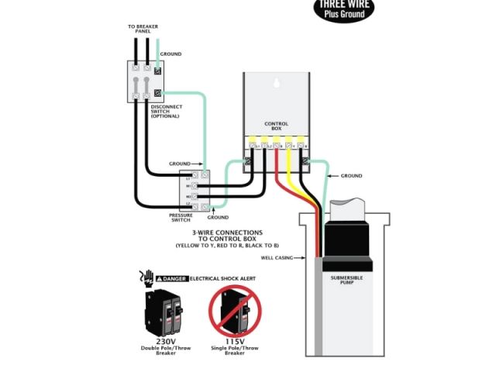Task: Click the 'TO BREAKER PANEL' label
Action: (143, 28)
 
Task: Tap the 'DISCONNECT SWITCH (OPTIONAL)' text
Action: (166, 112)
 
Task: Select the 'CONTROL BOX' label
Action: (276, 125)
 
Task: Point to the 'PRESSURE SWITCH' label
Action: (181, 218)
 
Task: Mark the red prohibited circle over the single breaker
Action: (235, 310)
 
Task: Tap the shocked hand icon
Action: (145, 275)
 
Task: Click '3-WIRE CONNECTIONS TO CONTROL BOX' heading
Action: (227, 235)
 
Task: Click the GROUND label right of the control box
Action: (351, 176)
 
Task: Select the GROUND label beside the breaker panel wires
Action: (170, 54)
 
